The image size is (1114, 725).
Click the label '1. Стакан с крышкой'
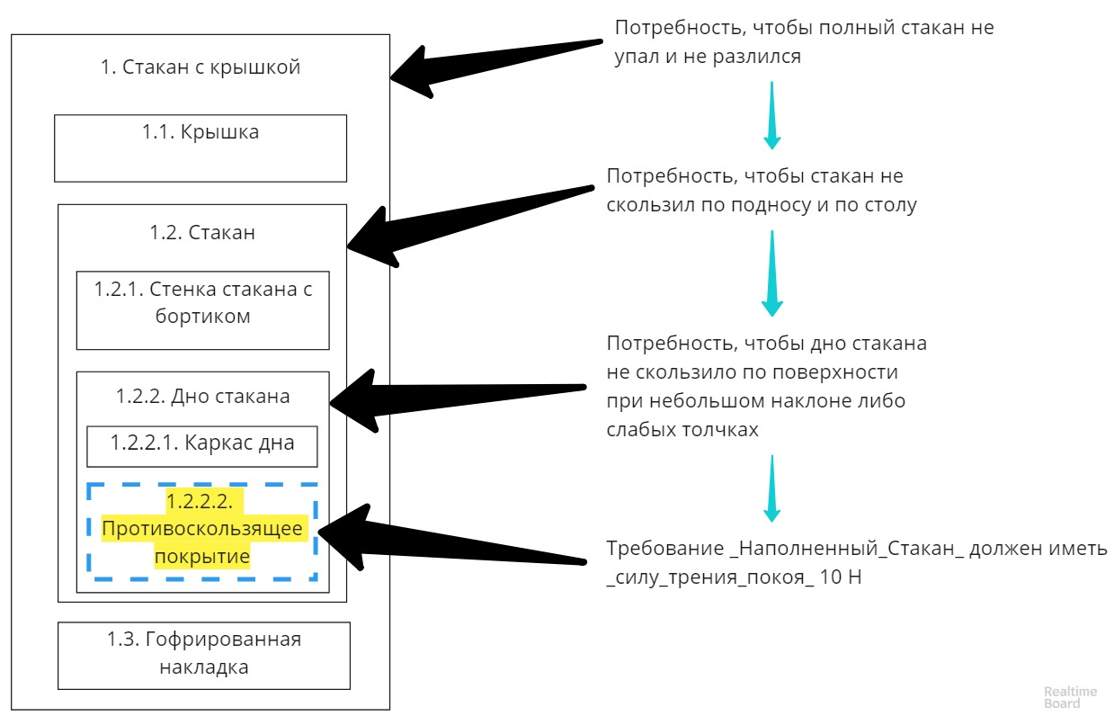pyautogui.click(x=200, y=67)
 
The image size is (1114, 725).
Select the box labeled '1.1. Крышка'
pyautogui.click(x=200, y=148)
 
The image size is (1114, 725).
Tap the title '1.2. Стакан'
pyautogui.click(x=201, y=232)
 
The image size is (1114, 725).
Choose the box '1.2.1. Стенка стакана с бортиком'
pyautogui.click(x=201, y=309)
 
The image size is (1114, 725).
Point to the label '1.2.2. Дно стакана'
pyautogui.click(x=202, y=396)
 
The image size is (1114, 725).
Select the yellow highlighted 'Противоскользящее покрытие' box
pyautogui.click(x=201, y=531)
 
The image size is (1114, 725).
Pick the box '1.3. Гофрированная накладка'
pyautogui.click(x=203, y=654)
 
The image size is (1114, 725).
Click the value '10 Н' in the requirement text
pyautogui.click(x=841, y=577)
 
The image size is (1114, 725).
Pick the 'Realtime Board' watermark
pyautogui.click(x=1070, y=697)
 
